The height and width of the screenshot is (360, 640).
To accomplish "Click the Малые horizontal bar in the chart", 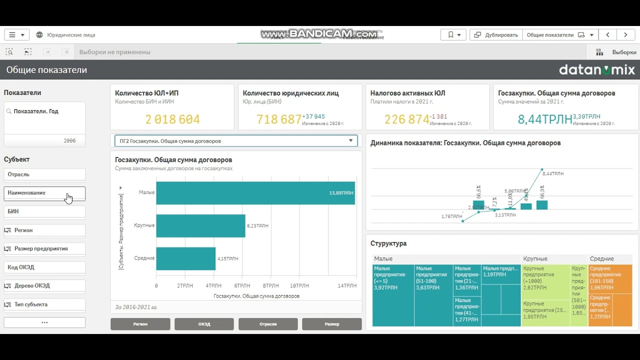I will [x=255, y=192].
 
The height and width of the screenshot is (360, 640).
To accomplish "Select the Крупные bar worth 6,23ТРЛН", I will [x=200, y=225].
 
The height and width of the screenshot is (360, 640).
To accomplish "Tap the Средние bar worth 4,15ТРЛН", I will [x=185, y=258].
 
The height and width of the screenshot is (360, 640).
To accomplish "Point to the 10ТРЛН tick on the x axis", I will [x=299, y=285].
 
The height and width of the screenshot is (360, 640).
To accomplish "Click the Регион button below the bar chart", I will [x=140, y=324].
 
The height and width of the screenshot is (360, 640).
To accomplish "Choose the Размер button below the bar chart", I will [x=331, y=324].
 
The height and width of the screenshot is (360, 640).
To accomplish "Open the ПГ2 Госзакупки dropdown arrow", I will [x=351, y=141].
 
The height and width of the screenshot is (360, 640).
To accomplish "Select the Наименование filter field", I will [x=44, y=193].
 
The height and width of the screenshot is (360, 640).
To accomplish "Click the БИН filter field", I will [x=44, y=211].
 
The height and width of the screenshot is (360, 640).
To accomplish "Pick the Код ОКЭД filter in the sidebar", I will [x=44, y=267].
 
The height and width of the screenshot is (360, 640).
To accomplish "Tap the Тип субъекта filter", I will [x=44, y=304].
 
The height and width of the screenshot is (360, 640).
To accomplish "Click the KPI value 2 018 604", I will [x=172, y=119].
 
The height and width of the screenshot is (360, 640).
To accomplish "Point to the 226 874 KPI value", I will [x=406, y=119].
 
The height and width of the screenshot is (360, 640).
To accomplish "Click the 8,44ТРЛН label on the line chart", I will [x=553, y=174].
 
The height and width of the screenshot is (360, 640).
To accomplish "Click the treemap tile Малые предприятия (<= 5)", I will [x=393, y=295].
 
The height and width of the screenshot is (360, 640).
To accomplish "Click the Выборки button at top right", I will [x=617, y=52].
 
